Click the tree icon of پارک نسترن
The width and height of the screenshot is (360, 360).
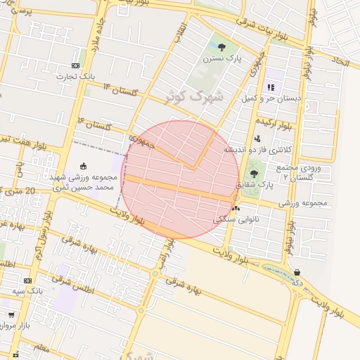222,48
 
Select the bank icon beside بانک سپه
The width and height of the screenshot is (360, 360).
27,280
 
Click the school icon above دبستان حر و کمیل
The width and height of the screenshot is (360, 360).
271,88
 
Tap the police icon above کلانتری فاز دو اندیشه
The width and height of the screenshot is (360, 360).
257,139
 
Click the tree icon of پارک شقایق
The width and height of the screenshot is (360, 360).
254,174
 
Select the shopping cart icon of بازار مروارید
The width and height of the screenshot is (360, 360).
11,314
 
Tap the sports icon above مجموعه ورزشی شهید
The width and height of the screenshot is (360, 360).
84,167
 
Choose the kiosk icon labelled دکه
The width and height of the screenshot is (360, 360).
297,272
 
